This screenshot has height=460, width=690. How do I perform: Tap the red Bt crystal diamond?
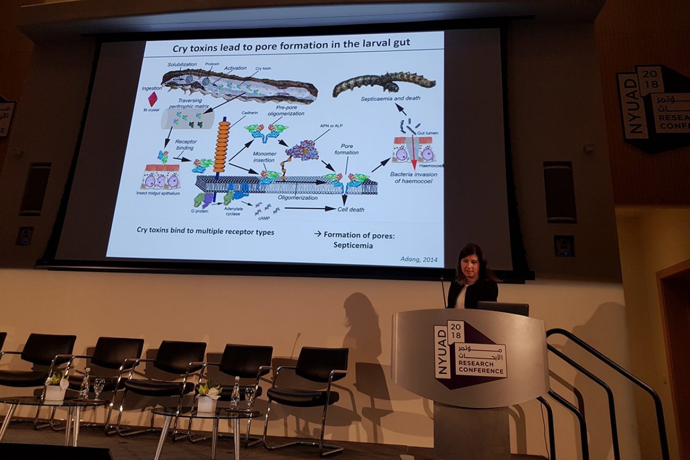click(x=153, y=99)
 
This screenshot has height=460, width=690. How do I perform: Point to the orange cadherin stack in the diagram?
click(x=222, y=146)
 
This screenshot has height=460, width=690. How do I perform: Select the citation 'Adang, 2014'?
click(x=418, y=259)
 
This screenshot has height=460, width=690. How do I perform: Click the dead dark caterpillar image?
click(x=384, y=83)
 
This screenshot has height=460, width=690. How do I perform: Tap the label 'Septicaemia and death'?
click(x=391, y=99)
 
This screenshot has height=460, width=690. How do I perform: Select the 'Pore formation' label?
click(x=346, y=149)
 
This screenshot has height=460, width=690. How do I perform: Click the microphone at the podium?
click(x=443, y=291)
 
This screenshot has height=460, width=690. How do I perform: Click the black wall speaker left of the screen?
click(x=36, y=189)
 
